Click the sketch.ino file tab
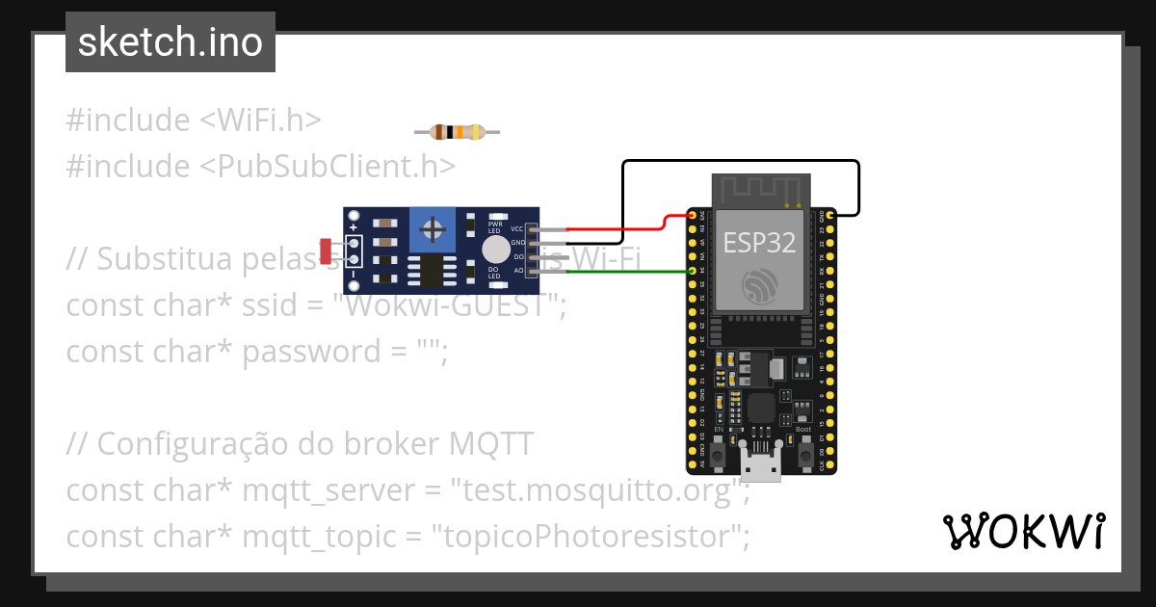coord(170,42)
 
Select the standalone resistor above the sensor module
coord(457,132)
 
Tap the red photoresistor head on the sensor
coord(326,251)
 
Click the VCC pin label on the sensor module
coord(517,229)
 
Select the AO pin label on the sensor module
coord(518,271)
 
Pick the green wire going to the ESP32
coord(626,272)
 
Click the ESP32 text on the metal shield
coord(759,242)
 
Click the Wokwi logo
coord(1023,531)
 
